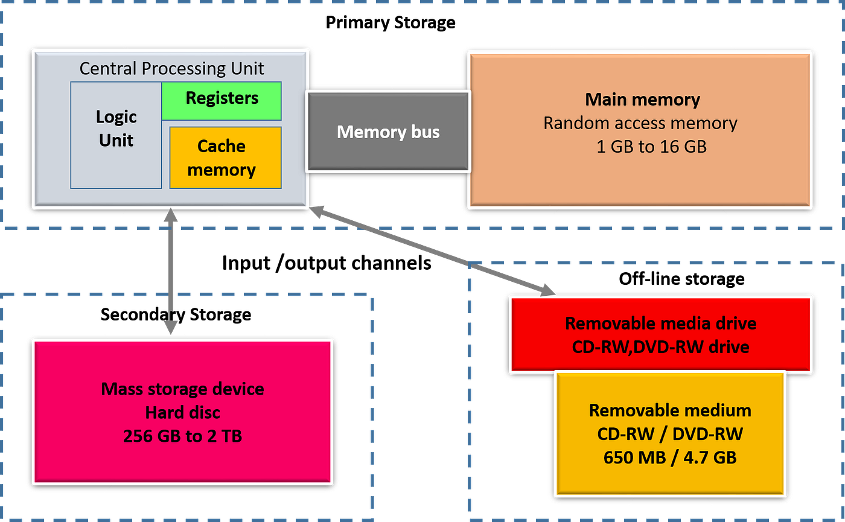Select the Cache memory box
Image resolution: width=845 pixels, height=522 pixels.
tap(225, 158)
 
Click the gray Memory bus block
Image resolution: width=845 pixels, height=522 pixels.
tap(387, 132)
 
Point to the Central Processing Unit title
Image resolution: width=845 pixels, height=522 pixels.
tap(171, 68)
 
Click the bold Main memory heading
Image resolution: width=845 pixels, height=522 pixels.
tap(642, 100)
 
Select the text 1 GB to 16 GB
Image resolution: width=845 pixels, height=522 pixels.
tap(651, 147)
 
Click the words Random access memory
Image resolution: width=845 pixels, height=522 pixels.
tap(640, 123)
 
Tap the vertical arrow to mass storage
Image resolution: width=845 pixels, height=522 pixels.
tap(171, 272)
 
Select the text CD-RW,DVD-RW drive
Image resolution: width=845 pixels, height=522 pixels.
tap(660, 347)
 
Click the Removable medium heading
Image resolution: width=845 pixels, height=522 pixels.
tap(670, 411)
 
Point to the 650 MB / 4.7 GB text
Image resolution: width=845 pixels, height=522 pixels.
tap(670, 457)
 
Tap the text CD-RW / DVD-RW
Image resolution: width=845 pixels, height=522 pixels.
tap(670, 434)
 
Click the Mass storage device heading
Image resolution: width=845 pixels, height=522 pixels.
tap(182, 389)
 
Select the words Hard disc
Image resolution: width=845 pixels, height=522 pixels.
tap(182, 412)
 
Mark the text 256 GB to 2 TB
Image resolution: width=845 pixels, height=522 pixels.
tap(182, 436)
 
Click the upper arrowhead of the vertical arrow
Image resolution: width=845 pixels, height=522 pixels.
tap(171, 216)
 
